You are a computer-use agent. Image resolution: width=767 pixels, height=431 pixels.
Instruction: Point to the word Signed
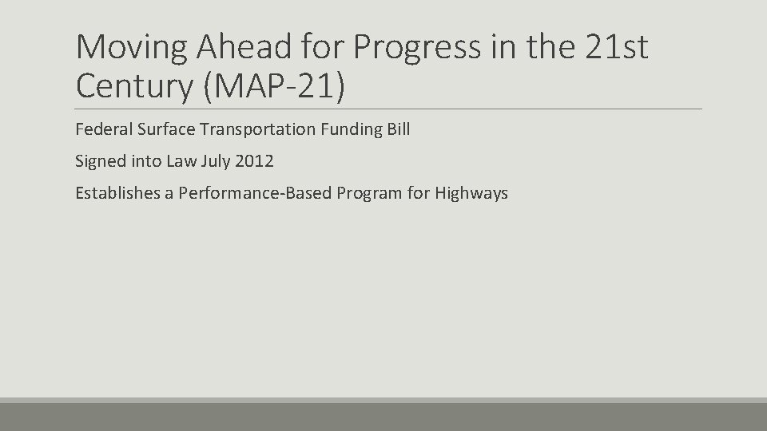(100, 161)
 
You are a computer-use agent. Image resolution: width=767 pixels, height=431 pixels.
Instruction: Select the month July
(215, 161)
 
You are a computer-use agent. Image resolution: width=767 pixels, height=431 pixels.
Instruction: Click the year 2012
(255, 161)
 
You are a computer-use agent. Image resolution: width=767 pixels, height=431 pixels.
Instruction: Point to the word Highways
(471, 193)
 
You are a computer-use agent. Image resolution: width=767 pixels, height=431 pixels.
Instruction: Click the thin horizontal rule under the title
(389, 109)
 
